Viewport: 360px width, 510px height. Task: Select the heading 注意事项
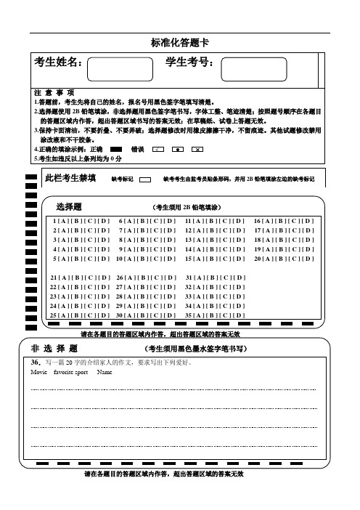54,93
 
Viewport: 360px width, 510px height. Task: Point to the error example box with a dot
177,148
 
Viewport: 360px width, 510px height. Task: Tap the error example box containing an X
196,148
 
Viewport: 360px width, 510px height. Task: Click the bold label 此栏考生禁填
70,177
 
